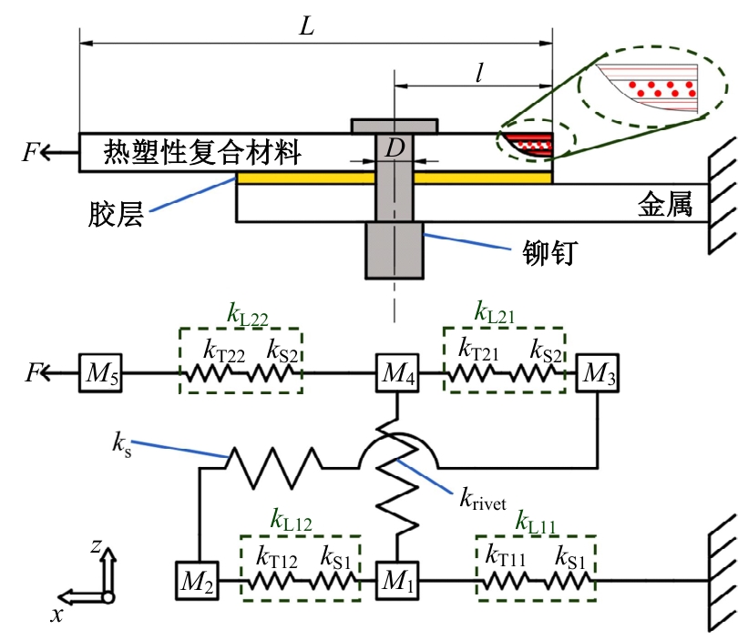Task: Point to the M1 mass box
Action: point(396,580)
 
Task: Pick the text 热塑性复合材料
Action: point(202,150)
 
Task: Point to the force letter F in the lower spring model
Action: point(33,372)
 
